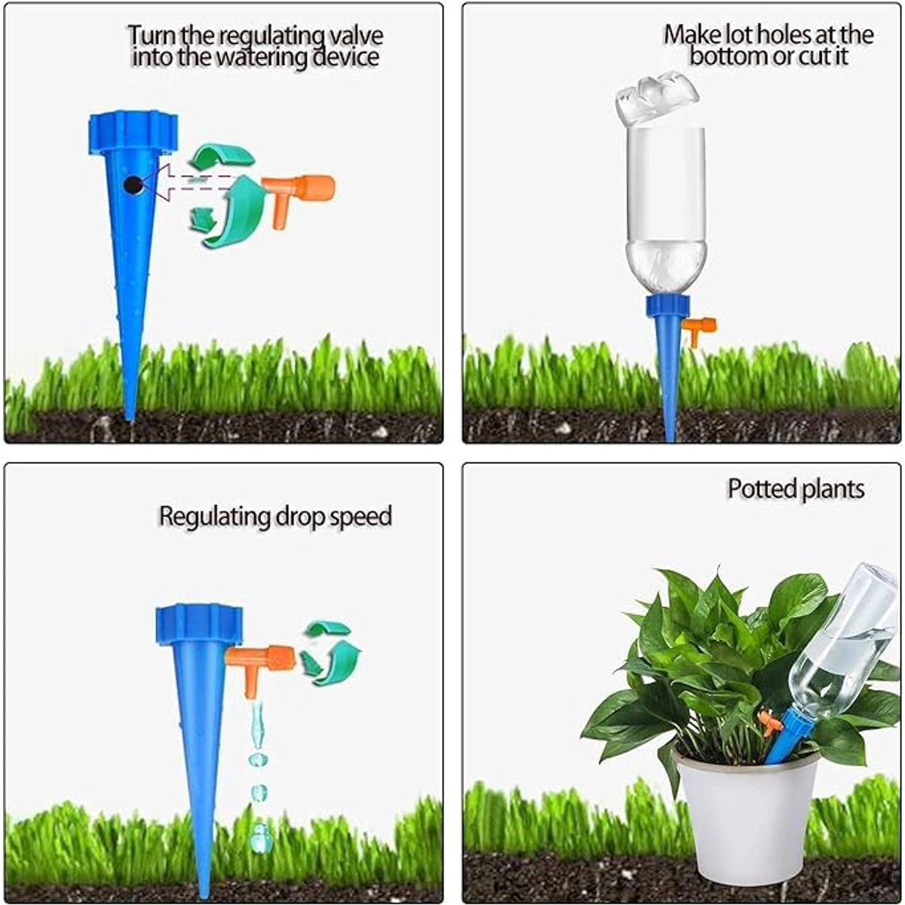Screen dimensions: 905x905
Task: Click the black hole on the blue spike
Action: [x=133, y=185]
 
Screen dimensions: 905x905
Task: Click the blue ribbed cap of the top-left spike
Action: [x=133, y=132]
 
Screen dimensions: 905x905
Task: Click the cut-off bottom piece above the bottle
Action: [x=657, y=100]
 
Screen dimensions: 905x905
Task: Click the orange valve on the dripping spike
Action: [x=259, y=666]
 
